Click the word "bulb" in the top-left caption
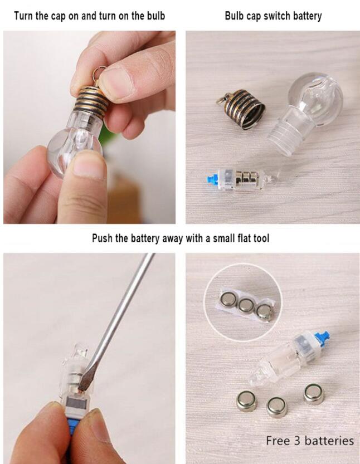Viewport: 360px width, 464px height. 156,16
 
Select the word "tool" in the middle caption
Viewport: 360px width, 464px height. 261,238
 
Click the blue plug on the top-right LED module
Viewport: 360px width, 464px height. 211,179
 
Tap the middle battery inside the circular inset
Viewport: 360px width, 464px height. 247,305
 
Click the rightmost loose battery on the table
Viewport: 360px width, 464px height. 314,394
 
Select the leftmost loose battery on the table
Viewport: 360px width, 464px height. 247,401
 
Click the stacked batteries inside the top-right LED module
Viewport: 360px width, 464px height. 246,178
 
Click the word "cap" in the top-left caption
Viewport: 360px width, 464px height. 59,16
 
